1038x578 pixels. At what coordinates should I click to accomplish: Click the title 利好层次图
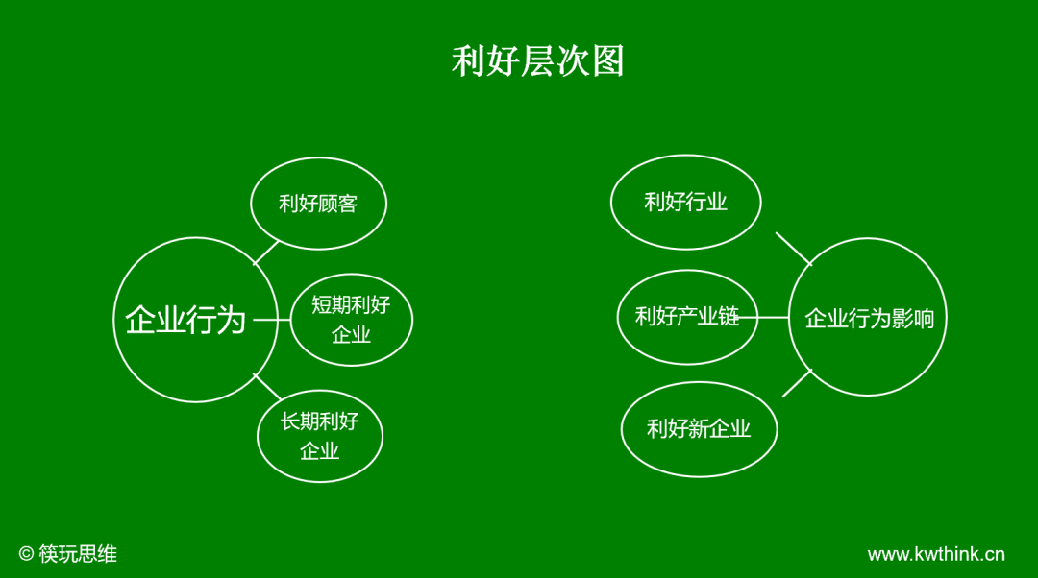(538, 61)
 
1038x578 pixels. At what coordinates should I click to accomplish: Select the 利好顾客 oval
(318, 204)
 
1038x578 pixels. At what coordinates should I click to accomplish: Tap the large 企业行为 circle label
(185, 320)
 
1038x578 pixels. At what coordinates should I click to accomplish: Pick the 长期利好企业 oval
(319, 436)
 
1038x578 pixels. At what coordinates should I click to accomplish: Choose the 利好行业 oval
(685, 202)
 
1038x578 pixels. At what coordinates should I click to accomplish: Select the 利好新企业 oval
(699, 429)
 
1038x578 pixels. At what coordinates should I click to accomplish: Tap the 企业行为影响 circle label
(869, 318)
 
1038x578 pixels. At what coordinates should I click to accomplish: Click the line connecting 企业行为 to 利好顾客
(266, 252)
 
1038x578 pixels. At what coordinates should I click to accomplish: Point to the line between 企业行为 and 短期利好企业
(272, 320)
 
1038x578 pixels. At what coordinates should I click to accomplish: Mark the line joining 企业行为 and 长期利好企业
(267, 387)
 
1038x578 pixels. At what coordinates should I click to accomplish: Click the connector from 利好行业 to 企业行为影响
(794, 249)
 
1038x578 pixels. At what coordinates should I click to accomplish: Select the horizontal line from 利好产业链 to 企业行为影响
(774, 317)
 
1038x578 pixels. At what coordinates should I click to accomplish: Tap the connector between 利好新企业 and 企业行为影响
(797, 383)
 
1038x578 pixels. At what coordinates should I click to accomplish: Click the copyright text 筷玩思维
(78, 554)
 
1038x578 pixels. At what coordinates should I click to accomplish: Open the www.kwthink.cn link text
(936, 554)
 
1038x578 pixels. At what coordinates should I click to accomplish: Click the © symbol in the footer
(26, 554)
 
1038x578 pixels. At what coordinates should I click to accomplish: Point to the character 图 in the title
(607, 61)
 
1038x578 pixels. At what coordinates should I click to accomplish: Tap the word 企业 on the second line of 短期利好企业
(351, 335)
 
